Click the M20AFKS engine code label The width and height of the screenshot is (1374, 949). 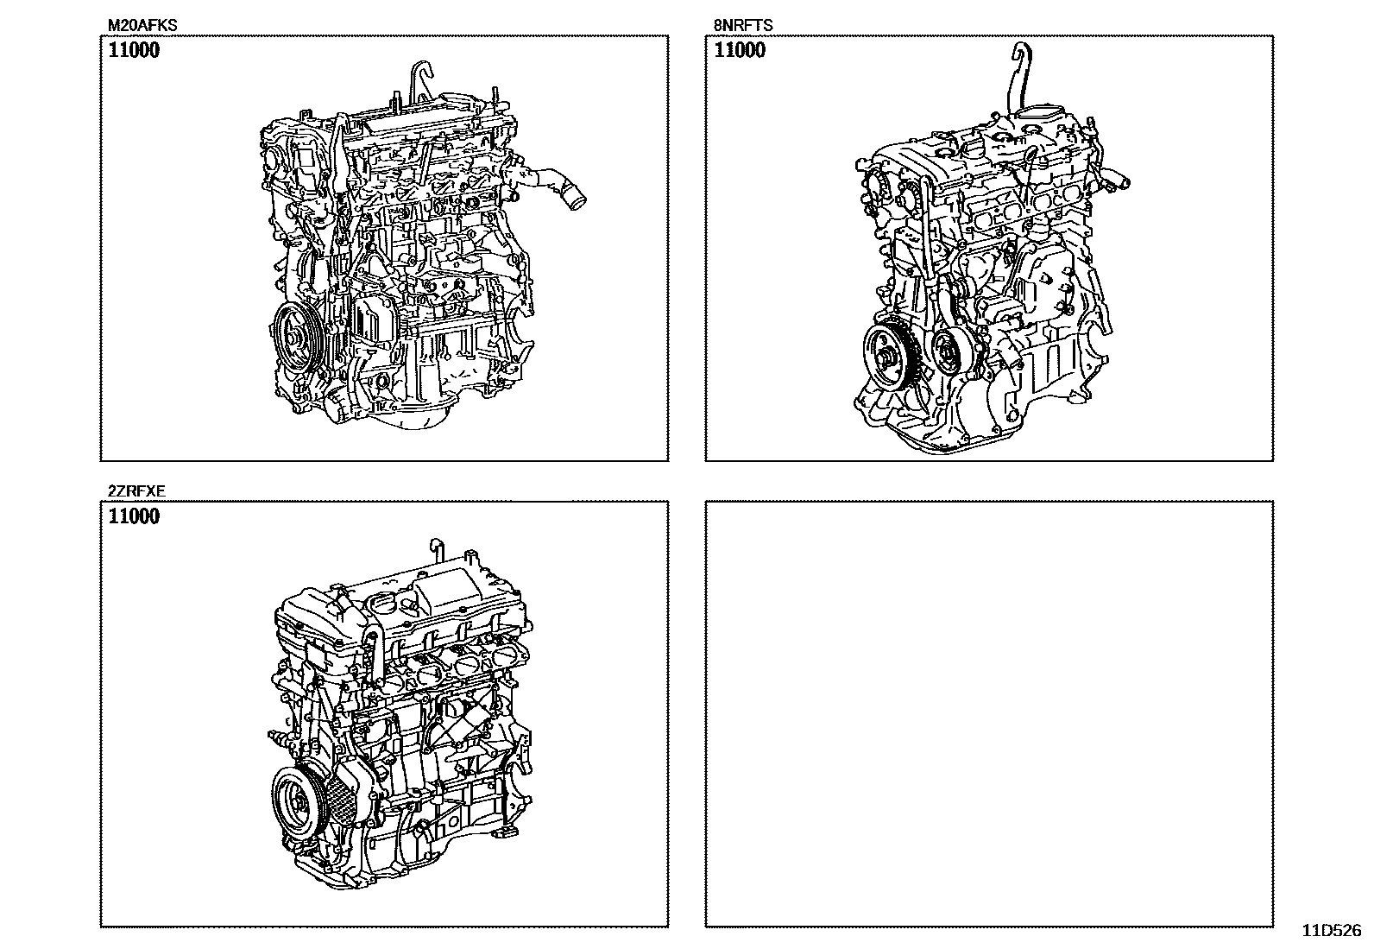pyautogui.click(x=142, y=25)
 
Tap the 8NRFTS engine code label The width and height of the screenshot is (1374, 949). pyautogui.click(x=743, y=25)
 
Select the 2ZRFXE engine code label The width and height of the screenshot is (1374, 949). pyautogui.click(x=136, y=491)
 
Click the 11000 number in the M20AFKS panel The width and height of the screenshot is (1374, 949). pyautogui.click(x=134, y=50)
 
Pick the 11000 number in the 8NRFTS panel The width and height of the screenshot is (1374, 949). pyautogui.click(x=740, y=50)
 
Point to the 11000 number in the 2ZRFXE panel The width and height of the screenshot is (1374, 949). pyautogui.click(x=134, y=516)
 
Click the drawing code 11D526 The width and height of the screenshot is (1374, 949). pyautogui.click(x=1332, y=931)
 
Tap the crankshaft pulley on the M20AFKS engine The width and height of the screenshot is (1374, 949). pyautogui.click(x=295, y=338)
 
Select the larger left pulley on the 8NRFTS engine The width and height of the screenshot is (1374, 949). pyautogui.click(x=886, y=357)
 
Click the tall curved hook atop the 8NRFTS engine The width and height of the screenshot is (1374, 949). pyautogui.click(x=1019, y=77)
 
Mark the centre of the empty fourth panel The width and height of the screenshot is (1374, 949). pyautogui.click(x=989, y=714)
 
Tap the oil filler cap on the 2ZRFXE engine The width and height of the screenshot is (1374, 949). pyautogui.click(x=381, y=606)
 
